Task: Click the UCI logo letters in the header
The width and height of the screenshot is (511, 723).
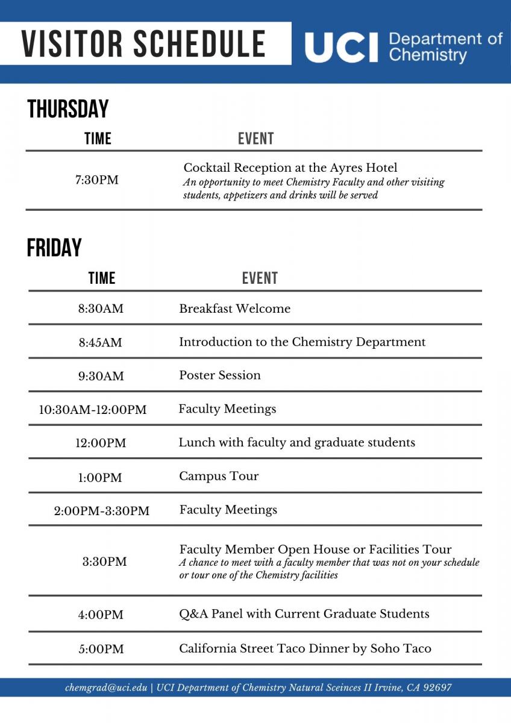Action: click(x=341, y=48)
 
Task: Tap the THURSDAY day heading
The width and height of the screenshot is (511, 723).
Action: click(x=68, y=110)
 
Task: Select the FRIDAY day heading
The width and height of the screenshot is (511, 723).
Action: click(x=54, y=248)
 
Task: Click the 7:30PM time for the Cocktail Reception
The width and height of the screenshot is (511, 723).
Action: click(x=97, y=180)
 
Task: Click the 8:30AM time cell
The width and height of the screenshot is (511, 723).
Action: click(x=101, y=309)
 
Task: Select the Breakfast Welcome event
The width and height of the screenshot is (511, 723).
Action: click(x=234, y=308)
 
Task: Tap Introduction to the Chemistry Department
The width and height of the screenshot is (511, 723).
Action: click(x=302, y=342)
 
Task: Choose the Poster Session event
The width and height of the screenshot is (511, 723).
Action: click(x=220, y=375)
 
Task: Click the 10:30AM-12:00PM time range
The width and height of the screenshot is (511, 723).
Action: click(x=93, y=410)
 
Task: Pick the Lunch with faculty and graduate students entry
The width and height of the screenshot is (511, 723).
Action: click(x=296, y=443)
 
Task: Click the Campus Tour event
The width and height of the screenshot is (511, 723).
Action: click(x=219, y=476)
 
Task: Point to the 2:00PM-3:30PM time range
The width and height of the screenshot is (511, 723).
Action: click(x=102, y=511)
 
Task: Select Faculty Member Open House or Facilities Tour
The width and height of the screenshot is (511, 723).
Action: click(x=315, y=549)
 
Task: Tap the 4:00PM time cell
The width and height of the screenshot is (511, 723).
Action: click(x=101, y=615)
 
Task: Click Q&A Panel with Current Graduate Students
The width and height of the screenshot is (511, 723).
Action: click(x=304, y=614)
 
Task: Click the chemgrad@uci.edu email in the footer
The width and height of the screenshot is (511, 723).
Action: click(x=106, y=687)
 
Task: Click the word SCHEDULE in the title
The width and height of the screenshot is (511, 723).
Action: click(x=199, y=43)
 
